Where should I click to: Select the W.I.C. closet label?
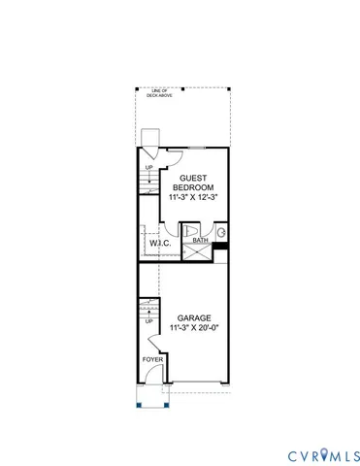pos(160,244)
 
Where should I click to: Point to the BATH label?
pos(200,240)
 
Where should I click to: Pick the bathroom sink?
pos(220,233)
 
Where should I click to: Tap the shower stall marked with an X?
pos(200,251)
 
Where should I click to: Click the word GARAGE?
pos(194,318)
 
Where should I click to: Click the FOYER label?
pos(152,359)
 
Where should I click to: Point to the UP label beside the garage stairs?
pos(148,321)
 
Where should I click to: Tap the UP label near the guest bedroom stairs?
pos(148,167)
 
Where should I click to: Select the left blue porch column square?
pos(139,404)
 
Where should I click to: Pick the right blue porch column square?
pos(164,404)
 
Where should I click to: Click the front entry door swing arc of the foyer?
pos(152,384)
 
